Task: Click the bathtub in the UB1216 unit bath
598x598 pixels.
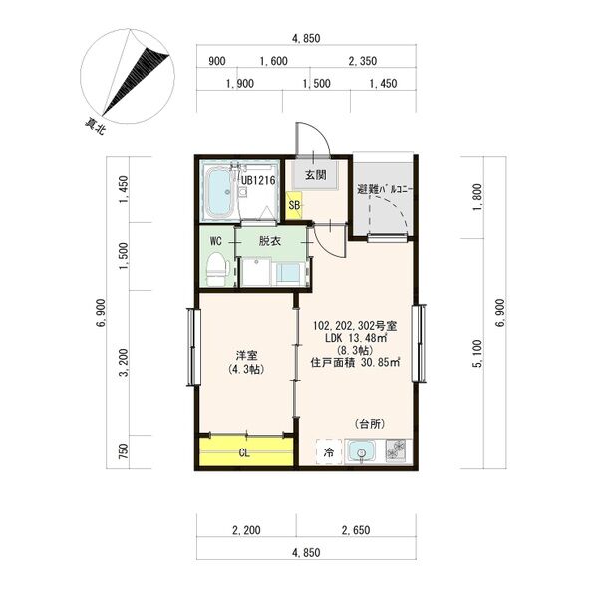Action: pos(220,193)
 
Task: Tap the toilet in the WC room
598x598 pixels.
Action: pos(217,268)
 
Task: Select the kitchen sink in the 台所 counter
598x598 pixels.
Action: pos(360,452)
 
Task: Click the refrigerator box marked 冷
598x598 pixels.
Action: pos(328,452)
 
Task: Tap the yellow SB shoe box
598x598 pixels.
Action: pos(294,206)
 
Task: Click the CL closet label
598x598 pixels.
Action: pos(244,453)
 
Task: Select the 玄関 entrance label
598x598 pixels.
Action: pos(315,175)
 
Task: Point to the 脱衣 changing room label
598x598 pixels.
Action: pos(270,241)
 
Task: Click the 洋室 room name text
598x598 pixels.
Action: pos(246,356)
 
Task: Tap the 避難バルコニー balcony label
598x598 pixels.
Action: pos(385,189)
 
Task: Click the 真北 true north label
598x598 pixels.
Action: pos(95,127)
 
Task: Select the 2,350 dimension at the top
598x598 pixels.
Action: pos(363,61)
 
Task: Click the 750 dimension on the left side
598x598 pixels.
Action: pos(124,451)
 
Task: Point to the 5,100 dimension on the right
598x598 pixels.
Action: pos(477,354)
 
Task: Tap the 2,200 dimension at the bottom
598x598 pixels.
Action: pos(246,530)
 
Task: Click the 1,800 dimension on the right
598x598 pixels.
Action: pos(477,198)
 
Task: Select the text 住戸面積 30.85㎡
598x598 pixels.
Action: pos(355,362)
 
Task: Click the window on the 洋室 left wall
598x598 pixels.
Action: pos(194,346)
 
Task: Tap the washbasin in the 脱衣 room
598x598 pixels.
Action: pos(289,273)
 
